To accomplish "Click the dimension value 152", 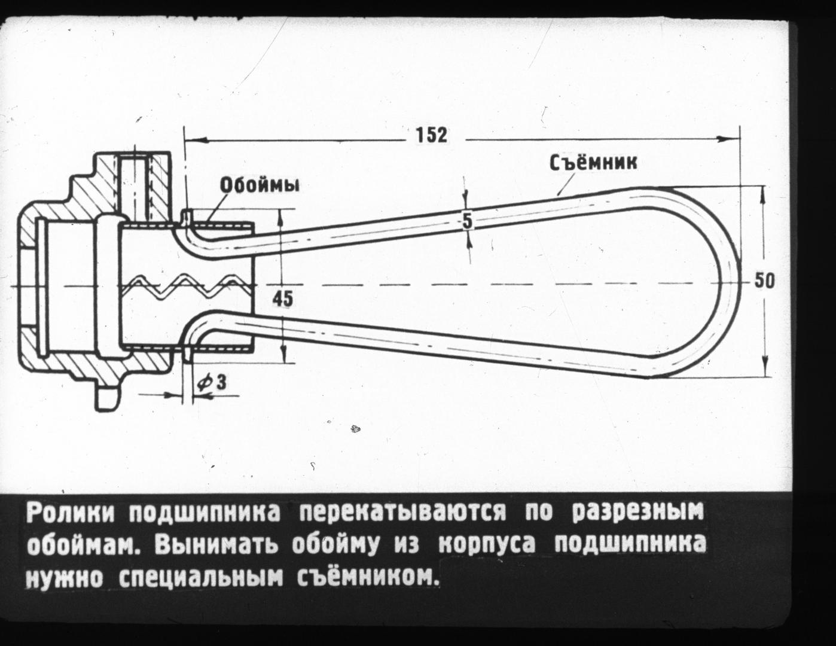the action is point(432,135).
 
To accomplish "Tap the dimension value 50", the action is point(764,281).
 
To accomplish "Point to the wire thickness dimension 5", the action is point(467,221).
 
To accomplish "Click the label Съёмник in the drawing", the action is point(593,163).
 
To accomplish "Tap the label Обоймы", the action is point(260,185).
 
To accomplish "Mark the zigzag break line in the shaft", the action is point(188,287).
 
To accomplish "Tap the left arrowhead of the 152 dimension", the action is point(196,139).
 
